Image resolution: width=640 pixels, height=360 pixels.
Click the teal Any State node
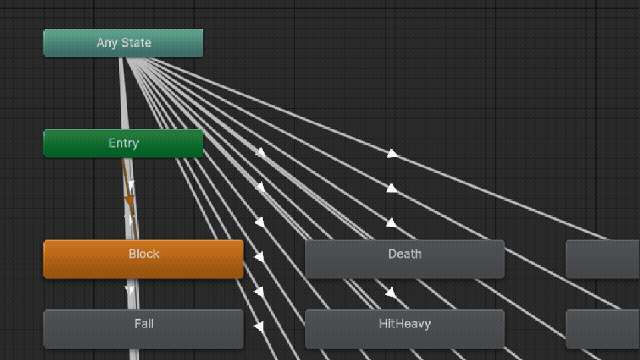tap(123, 43)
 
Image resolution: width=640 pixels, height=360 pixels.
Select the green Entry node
tap(123, 143)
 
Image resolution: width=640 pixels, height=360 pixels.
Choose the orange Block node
tap(143, 259)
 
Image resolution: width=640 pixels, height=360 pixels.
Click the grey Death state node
tap(405, 259)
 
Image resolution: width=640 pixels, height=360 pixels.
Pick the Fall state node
tap(143, 329)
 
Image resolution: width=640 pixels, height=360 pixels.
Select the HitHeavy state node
tap(405, 329)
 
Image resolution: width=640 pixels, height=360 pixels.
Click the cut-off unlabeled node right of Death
tap(603, 259)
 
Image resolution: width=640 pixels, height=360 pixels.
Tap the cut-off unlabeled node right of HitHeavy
tap(603, 329)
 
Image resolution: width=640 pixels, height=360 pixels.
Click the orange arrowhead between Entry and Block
tap(129, 201)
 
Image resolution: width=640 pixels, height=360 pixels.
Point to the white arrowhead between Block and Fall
tap(129, 290)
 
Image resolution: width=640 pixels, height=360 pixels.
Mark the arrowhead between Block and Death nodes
tap(259, 257)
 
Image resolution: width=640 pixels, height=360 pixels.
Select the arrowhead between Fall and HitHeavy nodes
tap(259, 326)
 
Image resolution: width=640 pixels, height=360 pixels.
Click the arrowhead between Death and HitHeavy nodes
tap(390, 292)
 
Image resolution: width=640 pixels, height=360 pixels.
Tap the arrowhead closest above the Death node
tap(391, 223)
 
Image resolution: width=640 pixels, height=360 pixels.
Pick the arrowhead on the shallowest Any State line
tap(392, 153)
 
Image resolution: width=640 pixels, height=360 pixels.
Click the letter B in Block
tap(132, 254)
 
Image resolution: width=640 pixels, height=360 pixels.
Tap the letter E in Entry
tap(112, 143)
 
